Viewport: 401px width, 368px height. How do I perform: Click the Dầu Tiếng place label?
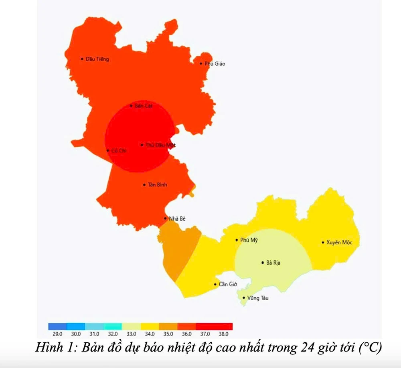point(97,59)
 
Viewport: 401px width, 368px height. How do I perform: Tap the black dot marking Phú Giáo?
point(201,63)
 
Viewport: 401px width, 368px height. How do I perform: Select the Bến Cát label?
point(144,106)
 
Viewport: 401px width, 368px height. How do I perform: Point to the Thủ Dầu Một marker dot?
point(142,145)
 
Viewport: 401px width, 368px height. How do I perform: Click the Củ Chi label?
point(119,151)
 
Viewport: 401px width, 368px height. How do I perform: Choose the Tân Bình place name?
point(157,185)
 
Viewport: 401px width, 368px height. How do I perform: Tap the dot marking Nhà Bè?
point(165,218)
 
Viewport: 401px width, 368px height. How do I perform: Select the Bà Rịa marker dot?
point(263,263)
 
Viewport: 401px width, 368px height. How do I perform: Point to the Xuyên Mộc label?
point(342,242)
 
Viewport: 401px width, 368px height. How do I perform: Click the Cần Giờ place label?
point(228,285)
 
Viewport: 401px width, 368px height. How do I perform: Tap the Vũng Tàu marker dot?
point(243,298)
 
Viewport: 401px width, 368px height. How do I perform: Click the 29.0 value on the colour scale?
point(57,334)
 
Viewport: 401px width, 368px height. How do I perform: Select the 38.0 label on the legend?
point(223,334)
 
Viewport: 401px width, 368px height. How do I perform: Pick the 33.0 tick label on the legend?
point(131,334)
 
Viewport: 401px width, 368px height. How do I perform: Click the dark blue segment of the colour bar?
point(57,326)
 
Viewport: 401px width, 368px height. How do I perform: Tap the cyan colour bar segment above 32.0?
point(113,326)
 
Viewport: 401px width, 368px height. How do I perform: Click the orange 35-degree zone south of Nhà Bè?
point(178,249)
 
